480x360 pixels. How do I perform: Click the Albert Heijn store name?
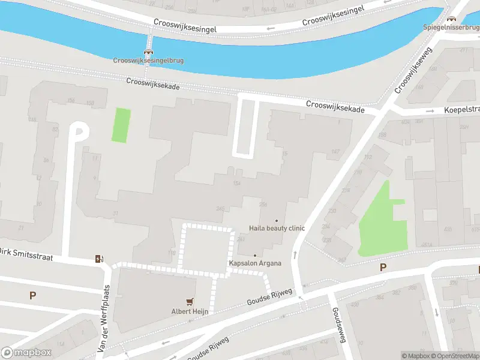pyautogui.click(x=190, y=311)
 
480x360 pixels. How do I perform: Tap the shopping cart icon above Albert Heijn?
pyautogui.click(x=190, y=302)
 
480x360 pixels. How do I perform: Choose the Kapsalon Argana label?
pyautogui.click(x=254, y=263)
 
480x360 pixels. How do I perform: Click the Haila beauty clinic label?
pyautogui.click(x=277, y=228)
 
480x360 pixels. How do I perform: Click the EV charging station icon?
pyautogui.click(x=99, y=259)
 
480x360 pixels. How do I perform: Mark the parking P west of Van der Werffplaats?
pyautogui.click(x=32, y=295)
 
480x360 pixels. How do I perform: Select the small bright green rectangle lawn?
pyautogui.click(x=121, y=125)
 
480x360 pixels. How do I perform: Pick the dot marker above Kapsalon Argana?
pyautogui.click(x=254, y=256)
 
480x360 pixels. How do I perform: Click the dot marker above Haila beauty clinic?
pyautogui.click(x=277, y=220)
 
